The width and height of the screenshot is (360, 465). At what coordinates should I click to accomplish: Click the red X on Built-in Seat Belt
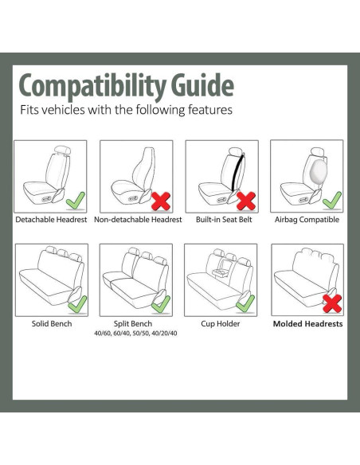[246, 198]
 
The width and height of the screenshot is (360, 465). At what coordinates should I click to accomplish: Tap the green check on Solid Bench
[77, 303]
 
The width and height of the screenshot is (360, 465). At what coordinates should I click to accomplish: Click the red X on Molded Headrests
[331, 303]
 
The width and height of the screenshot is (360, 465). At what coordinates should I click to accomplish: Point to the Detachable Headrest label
[52, 220]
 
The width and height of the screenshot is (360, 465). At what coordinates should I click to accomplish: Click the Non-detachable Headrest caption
[138, 220]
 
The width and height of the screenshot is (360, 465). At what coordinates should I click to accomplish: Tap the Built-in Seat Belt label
[223, 220]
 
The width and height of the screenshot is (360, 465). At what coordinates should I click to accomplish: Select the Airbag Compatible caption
[307, 220]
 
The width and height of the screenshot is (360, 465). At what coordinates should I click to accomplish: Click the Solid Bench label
[52, 324]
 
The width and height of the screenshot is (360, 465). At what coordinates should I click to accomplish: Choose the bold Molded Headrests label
[307, 324]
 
